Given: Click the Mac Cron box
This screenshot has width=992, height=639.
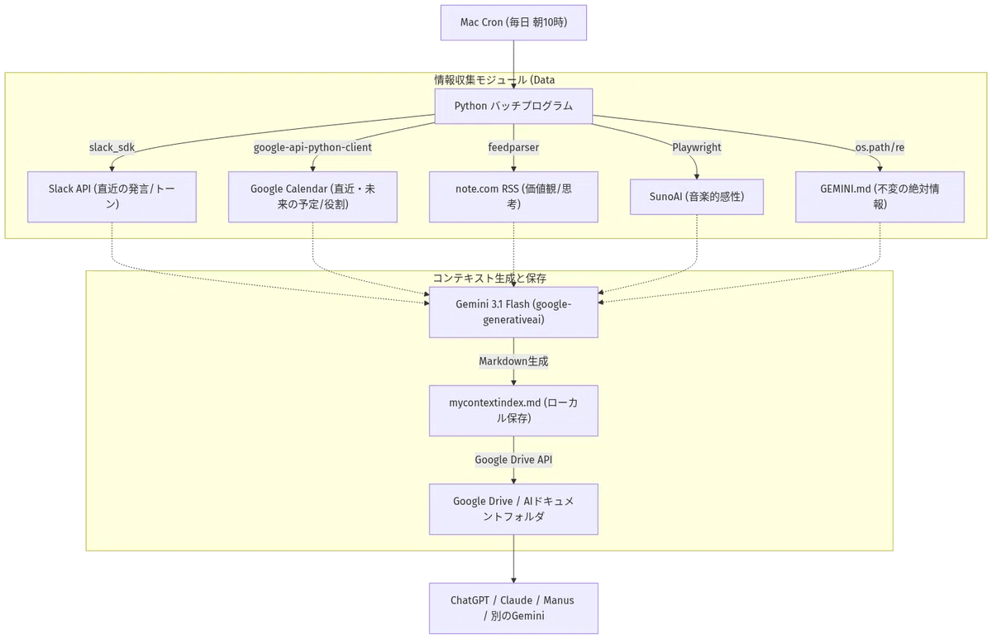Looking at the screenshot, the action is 513,22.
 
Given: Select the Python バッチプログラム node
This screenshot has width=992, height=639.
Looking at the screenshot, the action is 513,107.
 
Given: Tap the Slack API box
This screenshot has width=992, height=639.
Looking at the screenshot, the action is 112,197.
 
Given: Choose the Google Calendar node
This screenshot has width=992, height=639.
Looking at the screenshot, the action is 312,197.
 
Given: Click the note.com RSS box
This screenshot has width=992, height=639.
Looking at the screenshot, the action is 513,197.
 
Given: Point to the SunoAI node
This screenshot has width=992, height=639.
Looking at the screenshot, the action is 697,197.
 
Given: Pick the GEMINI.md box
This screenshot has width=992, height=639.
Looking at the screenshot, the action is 880,197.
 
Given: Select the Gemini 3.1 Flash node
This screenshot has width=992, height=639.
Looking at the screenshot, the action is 513,312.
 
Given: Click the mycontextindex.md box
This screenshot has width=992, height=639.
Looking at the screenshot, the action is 513,411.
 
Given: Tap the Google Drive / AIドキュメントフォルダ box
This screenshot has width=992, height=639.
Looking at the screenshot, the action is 513,509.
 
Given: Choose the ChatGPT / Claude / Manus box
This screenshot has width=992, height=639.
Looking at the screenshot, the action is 513,608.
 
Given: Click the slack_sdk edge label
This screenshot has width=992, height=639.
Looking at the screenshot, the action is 112,147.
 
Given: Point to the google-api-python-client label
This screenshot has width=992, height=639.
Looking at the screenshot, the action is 312,147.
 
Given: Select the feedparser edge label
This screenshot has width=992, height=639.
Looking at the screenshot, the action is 513,147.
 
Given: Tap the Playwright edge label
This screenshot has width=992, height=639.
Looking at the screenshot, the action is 697,147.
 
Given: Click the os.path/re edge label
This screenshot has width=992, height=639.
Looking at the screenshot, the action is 880,147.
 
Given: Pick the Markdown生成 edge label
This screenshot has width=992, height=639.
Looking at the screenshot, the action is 513,361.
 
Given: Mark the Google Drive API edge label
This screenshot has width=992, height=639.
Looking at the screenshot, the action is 513,460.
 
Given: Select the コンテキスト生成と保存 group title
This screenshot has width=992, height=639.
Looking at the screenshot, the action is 489,278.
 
